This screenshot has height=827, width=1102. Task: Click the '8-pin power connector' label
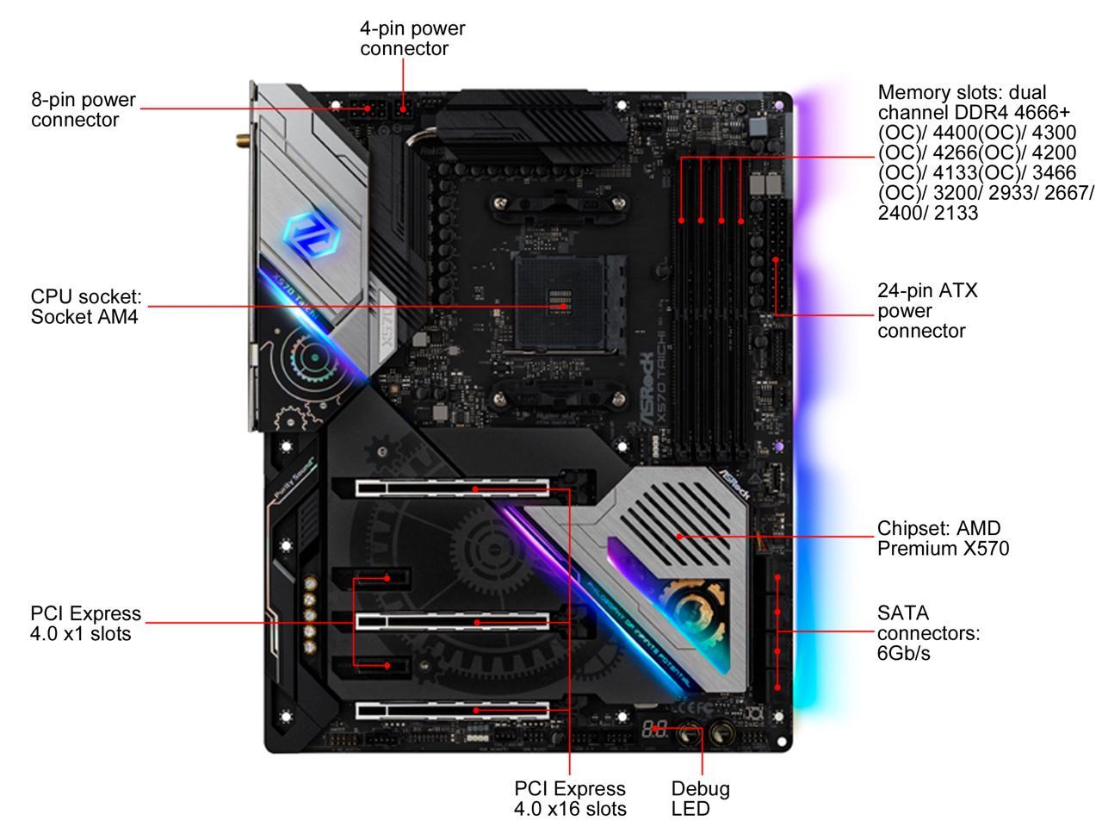(84, 109)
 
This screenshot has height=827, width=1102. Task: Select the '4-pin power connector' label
(412, 38)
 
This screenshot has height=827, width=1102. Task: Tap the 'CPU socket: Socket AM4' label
(85, 307)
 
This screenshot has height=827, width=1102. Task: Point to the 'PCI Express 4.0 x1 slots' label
(85, 624)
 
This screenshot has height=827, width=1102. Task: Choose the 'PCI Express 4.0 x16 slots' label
(570, 799)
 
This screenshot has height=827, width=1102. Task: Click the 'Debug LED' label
(700, 799)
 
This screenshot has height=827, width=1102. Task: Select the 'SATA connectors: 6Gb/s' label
(928, 633)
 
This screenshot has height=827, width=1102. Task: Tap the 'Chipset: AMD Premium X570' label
(943, 538)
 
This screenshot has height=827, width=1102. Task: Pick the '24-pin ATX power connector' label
(927, 311)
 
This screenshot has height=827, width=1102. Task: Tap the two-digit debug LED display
(653, 729)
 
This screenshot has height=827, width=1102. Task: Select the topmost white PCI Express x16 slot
(452, 488)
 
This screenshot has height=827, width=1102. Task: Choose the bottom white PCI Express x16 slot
(452, 710)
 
